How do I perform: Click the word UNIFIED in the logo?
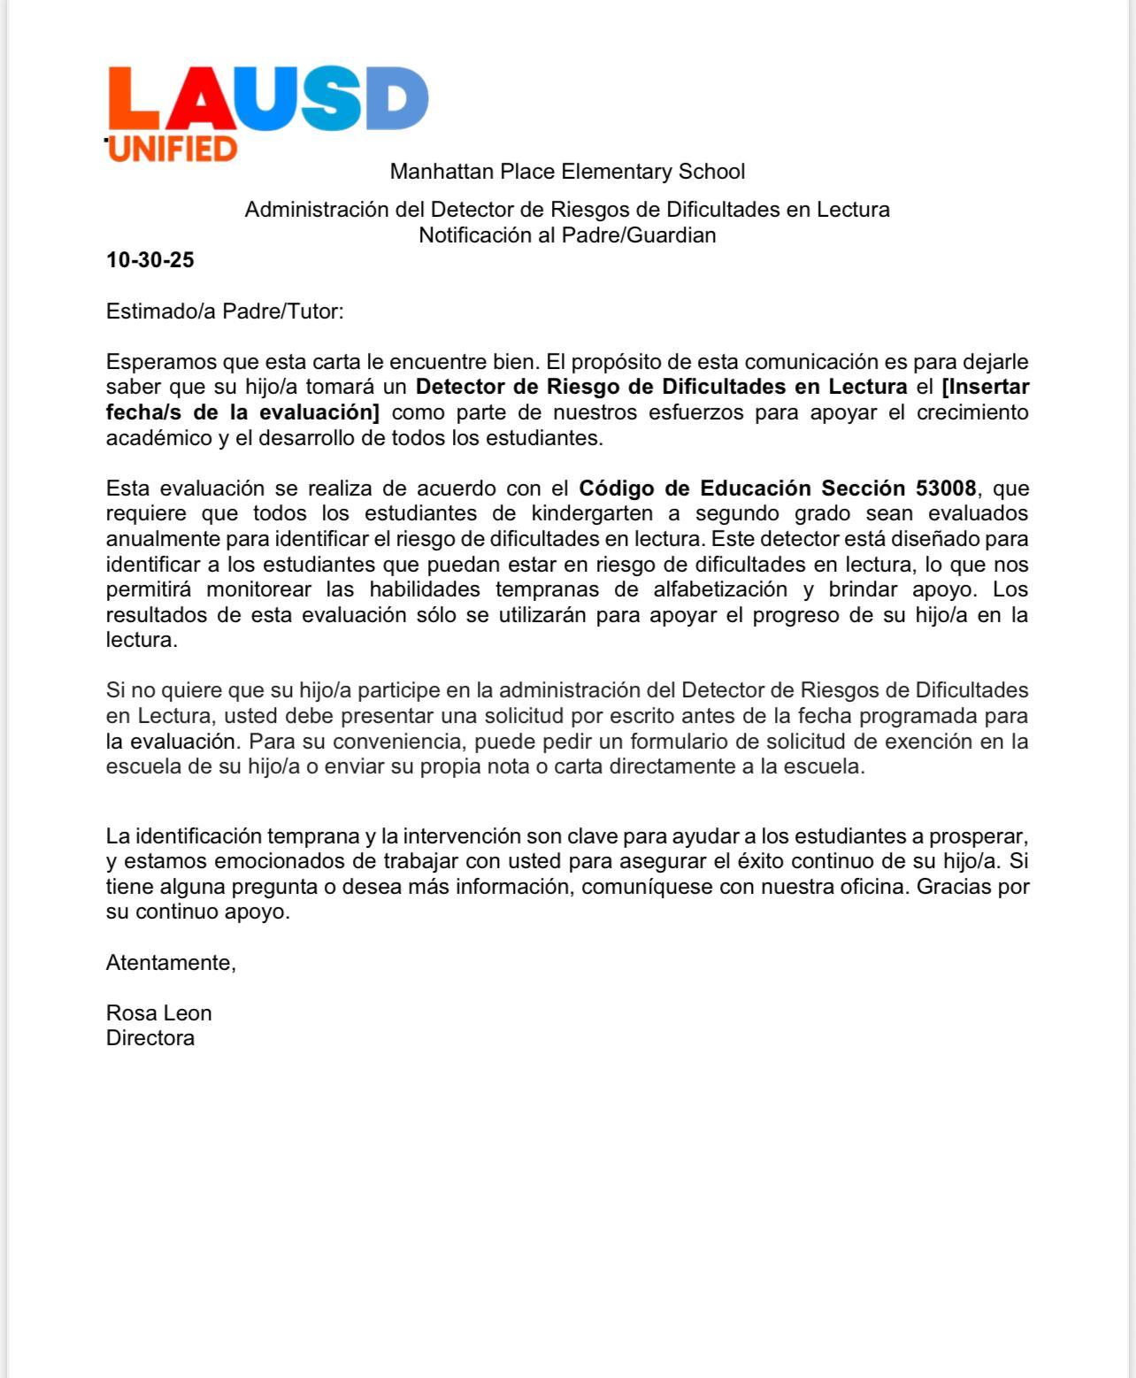pyautogui.click(x=173, y=149)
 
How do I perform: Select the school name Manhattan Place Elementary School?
pyautogui.click(x=567, y=172)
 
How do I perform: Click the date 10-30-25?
pyautogui.click(x=150, y=260)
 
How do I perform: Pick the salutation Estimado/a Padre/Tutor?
pyautogui.click(x=225, y=312)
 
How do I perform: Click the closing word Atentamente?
pyautogui.click(x=171, y=963)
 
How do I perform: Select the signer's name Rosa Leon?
pyautogui.click(x=159, y=1013)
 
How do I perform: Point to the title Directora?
pyautogui.click(x=150, y=1038)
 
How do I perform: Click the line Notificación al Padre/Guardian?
pyautogui.click(x=567, y=235)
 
